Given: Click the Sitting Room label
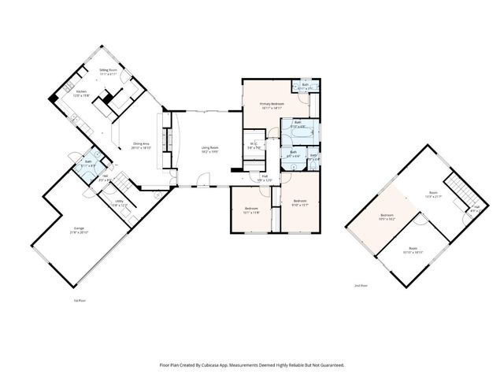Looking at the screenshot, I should pyautogui.click(x=108, y=70).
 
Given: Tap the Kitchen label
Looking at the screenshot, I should pyautogui.click(x=81, y=91).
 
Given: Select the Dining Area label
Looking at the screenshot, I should pyautogui.click(x=143, y=143).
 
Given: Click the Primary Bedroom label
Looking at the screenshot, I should pyautogui.click(x=272, y=103).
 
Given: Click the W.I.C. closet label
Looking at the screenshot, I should pyautogui.click(x=254, y=143).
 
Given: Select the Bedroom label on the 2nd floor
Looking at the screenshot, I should pyautogui.click(x=387, y=215).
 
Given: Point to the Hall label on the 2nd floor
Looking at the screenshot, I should pyautogui.click(x=475, y=208).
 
